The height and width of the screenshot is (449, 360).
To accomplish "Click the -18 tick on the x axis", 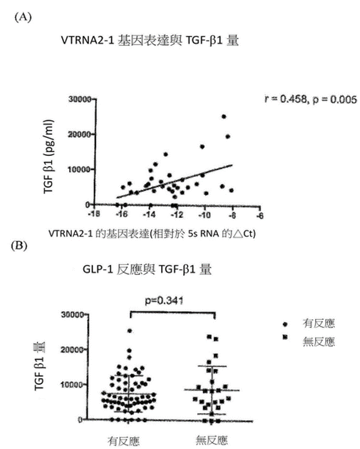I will pos(91,213).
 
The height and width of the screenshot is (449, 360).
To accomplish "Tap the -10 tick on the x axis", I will pos(205,213).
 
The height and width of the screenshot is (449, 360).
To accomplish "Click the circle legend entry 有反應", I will pos(317,324).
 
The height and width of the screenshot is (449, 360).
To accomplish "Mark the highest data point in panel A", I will pos(224,116).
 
